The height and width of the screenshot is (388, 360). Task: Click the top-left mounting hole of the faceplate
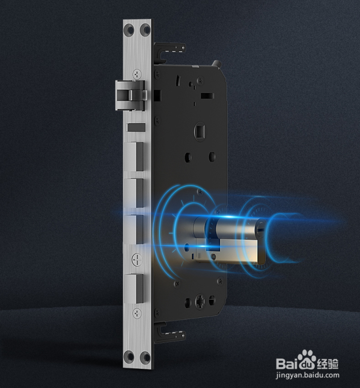(129, 29)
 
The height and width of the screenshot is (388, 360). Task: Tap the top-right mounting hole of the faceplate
(145, 29)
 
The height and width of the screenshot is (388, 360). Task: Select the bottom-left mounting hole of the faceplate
(129, 356)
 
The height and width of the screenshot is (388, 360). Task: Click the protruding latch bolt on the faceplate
(130, 95)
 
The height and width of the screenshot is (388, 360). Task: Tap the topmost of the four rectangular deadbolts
(134, 156)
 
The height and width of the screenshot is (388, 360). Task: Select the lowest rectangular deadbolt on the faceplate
(133, 288)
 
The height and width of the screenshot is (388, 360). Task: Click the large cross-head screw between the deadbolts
(137, 259)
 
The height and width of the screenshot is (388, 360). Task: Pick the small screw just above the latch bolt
(137, 74)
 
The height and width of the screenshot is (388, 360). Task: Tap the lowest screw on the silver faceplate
(137, 314)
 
